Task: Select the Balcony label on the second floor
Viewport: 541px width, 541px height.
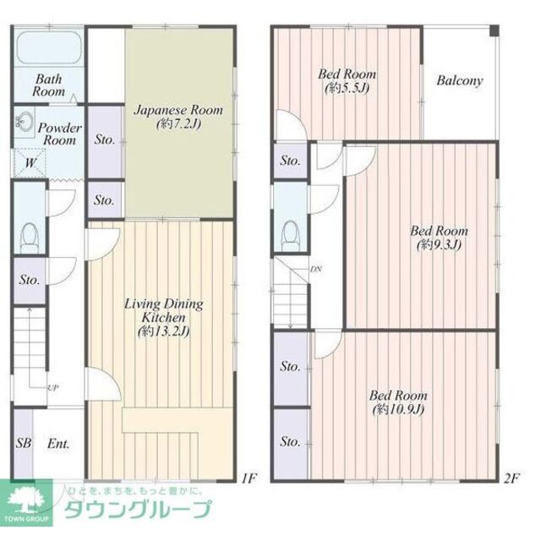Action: (460, 81)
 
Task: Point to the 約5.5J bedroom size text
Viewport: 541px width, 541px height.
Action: (348, 87)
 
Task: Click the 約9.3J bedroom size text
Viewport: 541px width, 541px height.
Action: (440, 245)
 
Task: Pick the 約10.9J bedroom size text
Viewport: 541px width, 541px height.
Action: (398, 410)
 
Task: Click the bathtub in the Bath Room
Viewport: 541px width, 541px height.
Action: (48, 47)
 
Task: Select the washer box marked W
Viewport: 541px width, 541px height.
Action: (30, 163)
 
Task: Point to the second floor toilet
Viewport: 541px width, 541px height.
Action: (290, 232)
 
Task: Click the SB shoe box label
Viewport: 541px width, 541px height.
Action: (22, 443)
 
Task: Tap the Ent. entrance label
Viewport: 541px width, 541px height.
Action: (57, 443)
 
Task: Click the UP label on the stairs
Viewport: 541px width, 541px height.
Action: (52, 387)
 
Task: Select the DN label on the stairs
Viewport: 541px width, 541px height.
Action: (315, 270)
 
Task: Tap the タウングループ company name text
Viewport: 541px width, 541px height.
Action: (139, 511)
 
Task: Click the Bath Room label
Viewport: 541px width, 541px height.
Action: (49, 85)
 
